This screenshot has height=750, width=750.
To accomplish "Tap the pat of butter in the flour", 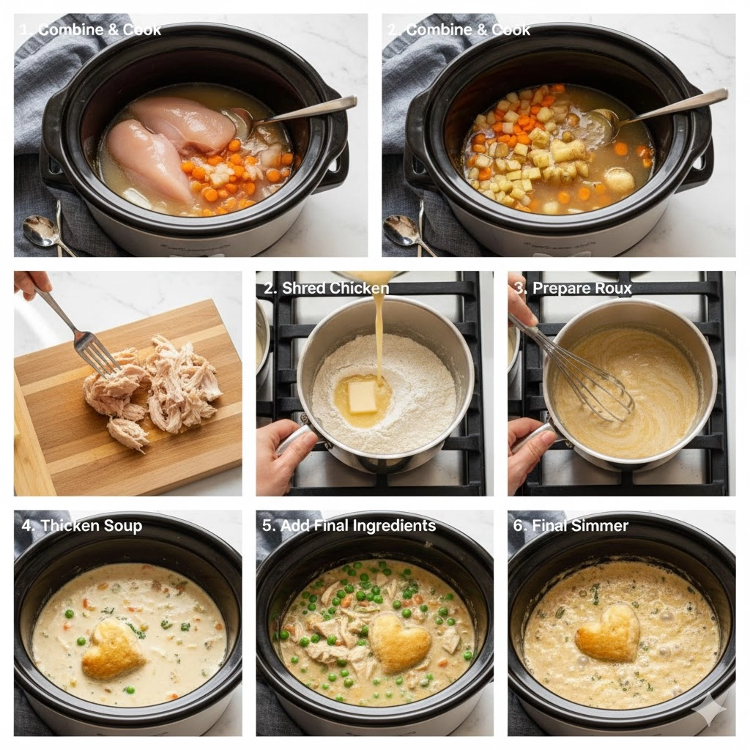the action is coord(363,397).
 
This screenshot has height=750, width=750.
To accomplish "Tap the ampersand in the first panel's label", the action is coord(113,30).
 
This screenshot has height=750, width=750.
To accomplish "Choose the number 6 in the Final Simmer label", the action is coord(518,526).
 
